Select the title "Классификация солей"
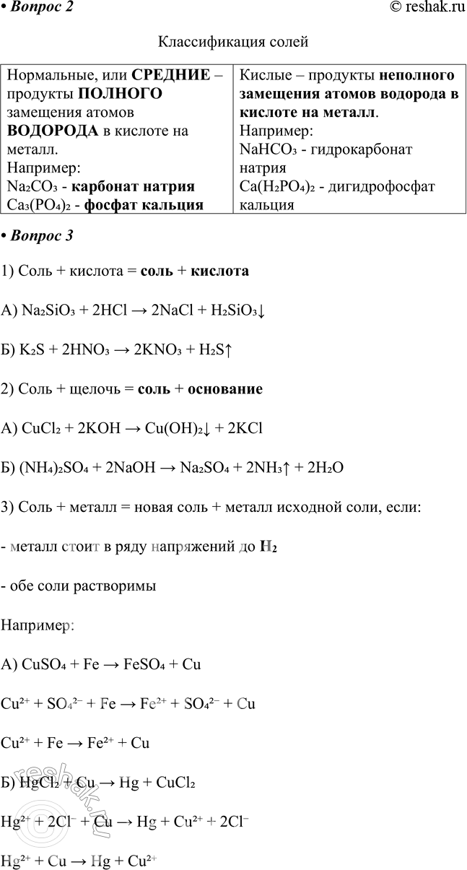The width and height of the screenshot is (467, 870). click(x=232, y=42)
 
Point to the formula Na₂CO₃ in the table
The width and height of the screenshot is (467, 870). click(x=32, y=187)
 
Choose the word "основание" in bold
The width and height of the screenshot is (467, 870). click(x=224, y=389)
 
